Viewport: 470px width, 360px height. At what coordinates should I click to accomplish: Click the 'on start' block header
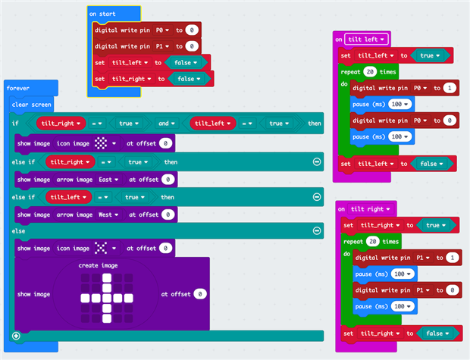103,14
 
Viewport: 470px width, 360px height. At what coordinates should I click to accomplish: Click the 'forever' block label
18,88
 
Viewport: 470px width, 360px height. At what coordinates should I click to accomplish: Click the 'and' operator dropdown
166,124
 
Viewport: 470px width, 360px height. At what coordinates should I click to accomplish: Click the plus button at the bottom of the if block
16,335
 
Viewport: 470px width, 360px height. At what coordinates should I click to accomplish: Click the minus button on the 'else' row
316,230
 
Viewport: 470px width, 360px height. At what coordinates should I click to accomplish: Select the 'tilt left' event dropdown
368,39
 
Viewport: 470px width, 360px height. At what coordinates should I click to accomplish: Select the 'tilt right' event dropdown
371,208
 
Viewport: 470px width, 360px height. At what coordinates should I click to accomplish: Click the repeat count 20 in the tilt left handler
370,71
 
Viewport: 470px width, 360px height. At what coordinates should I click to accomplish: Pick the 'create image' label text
99,266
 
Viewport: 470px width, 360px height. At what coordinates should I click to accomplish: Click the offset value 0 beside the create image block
199,293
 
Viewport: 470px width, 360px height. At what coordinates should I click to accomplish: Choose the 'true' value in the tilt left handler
429,55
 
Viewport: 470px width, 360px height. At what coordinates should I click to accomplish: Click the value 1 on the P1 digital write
452,258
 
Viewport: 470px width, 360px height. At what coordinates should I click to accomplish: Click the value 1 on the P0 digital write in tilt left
449,88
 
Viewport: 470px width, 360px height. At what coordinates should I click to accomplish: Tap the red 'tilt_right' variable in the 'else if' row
69,162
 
